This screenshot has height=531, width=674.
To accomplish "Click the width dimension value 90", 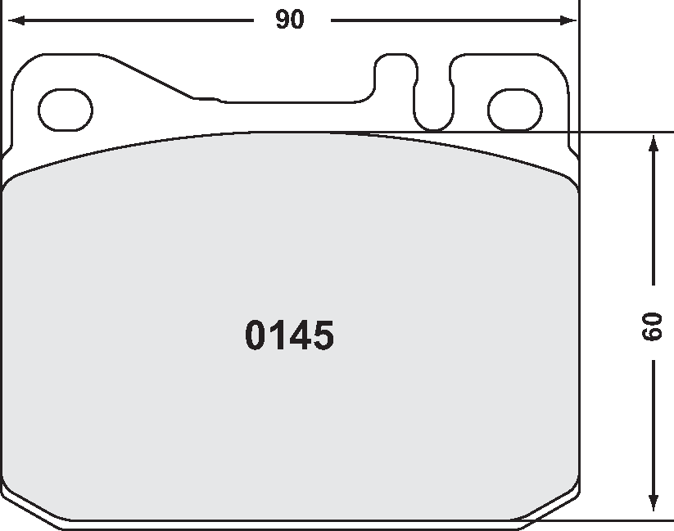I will (x=289, y=20).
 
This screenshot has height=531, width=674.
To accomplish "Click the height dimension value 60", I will (x=653, y=326).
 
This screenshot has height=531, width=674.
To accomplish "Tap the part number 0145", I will (x=289, y=336).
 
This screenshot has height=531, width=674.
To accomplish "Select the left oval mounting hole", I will (x=66, y=110).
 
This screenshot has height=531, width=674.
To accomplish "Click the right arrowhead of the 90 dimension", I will (x=568, y=20).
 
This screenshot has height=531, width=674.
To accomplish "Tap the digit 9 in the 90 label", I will (x=282, y=20).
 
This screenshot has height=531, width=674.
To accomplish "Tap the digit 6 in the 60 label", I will (x=653, y=334).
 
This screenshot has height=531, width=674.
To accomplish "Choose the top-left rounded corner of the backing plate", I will (x=25, y=65).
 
